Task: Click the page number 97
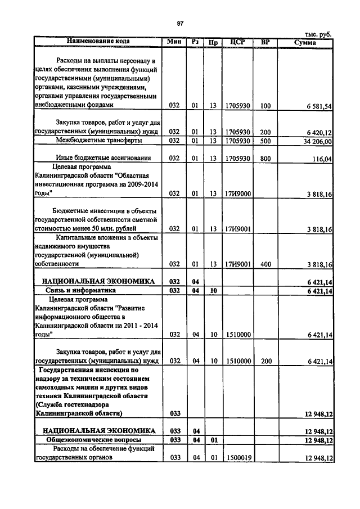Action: pyautogui.click(x=180, y=23)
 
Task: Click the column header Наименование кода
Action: pyautogui.click(x=98, y=41)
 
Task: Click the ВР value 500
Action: pyautogui.click(x=265, y=141)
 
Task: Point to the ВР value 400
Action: pyautogui.click(x=265, y=263)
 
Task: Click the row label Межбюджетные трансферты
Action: pyautogui.click(x=98, y=141)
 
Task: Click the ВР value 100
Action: pyautogui.click(x=265, y=105)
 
